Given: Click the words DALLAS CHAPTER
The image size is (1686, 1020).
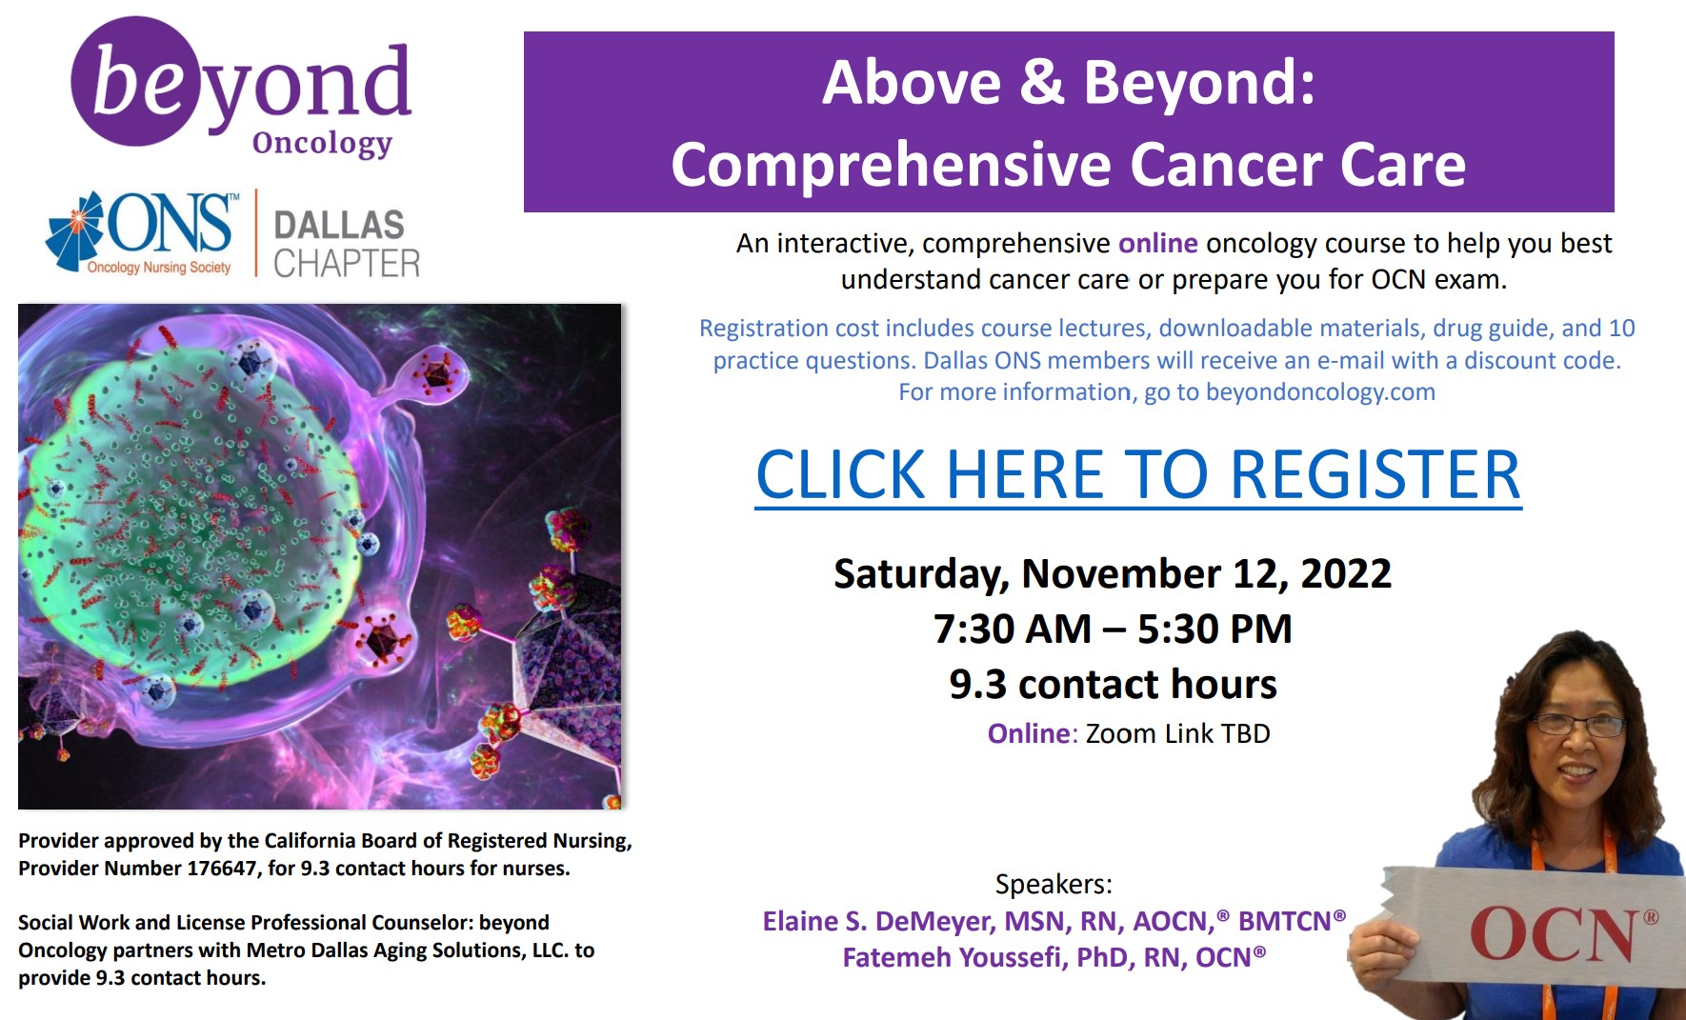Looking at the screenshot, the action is (x=347, y=244).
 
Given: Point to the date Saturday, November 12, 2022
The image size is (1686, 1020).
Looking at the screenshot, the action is (x=1113, y=574).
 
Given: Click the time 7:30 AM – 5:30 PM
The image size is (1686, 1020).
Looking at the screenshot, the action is (x=1113, y=630).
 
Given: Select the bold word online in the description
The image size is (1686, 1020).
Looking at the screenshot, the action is (x=1157, y=244).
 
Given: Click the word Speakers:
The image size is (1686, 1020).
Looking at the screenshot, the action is (x=1054, y=885).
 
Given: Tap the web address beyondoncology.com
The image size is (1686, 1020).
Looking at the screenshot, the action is (x=1320, y=392).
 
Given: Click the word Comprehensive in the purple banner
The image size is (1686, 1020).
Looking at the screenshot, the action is (x=892, y=166).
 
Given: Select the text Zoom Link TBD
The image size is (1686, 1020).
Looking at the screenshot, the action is (x=1178, y=734).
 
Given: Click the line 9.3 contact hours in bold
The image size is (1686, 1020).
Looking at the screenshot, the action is (x=1113, y=685).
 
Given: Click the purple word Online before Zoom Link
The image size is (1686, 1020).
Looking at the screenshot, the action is (x=1029, y=734).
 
